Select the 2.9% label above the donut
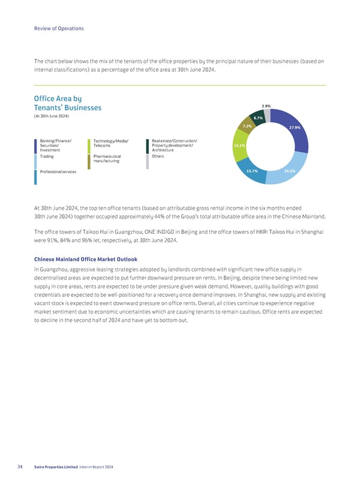click(266, 106)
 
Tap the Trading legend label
click(47, 156)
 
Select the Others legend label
click(158, 156)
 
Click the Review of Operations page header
click(59, 28)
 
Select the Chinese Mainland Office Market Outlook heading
click(86, 260)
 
